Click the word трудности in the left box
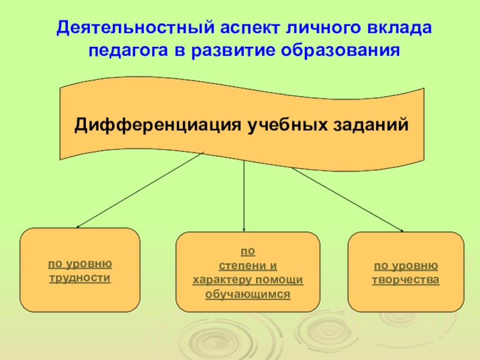[x=80, y=278]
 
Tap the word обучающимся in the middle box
[x=247, y=294]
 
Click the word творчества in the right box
[x=406, y=280]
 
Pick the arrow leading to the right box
[x=347, y=199]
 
